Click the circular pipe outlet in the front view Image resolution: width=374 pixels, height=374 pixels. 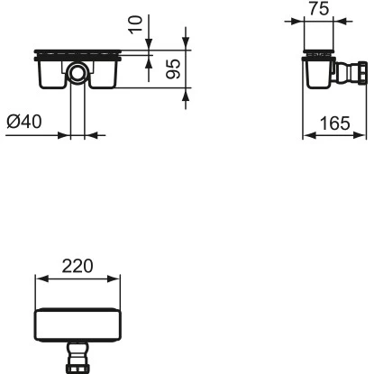(x=78, y=70)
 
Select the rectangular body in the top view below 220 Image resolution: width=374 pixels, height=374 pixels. (x=78, y=324)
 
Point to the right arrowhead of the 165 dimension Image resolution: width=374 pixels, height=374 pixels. (x=366, y=136)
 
